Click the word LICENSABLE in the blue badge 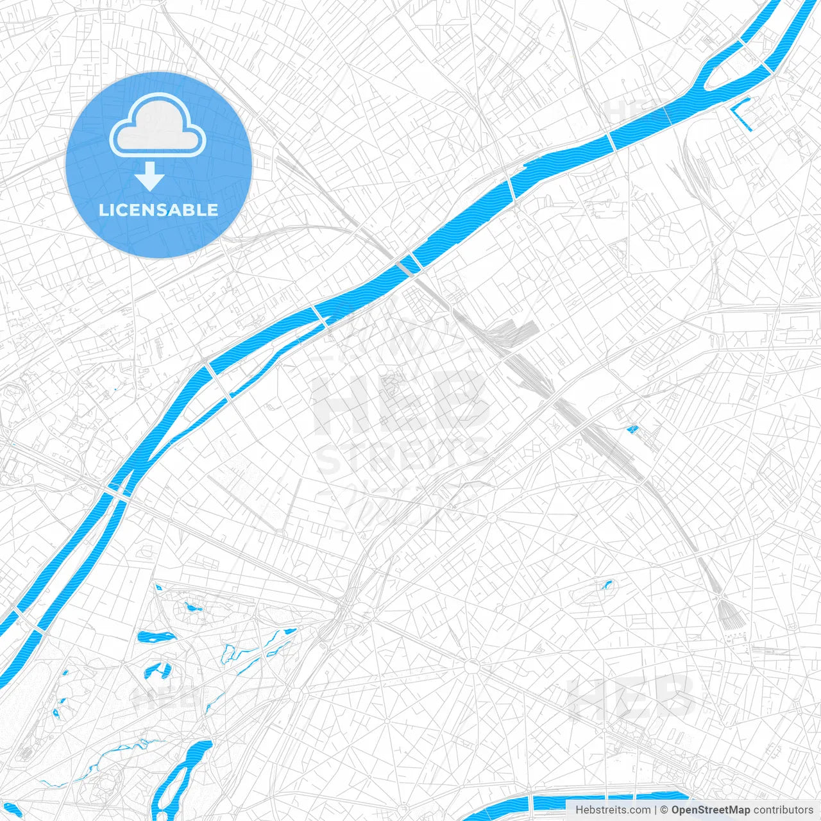pos(158,210)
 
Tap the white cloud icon pos(158,126)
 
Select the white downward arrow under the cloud pos(150,176)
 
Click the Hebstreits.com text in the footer pos(613,810)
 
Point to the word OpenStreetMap pos(710,810)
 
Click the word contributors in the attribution pos(783,810)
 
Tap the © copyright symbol pos(664,810)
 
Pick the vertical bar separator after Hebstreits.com pos(656,810)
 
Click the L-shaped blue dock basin pos(742,114)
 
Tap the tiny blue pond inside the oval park pos(606,584)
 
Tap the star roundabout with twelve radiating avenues pos(473,666)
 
